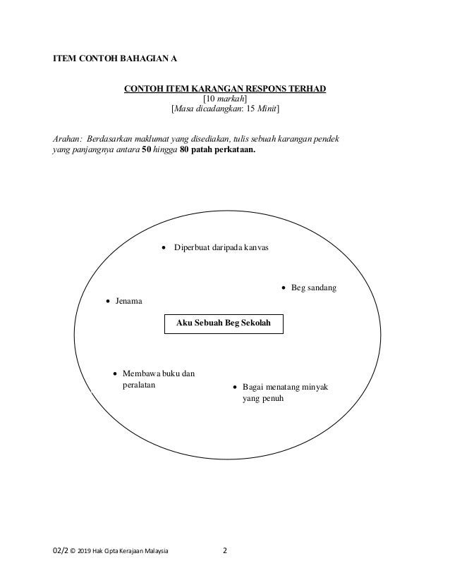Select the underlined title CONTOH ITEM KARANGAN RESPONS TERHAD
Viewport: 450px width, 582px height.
[225, 89]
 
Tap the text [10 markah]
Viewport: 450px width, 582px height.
[225, 99]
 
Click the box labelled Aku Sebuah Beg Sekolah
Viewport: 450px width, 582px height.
[224, 323]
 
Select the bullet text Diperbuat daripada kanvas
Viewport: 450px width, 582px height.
[221, 248]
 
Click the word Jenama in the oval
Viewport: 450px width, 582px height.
[129, 302]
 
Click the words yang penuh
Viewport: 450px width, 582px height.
[256, 399]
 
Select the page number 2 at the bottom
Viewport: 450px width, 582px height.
[225, 551]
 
